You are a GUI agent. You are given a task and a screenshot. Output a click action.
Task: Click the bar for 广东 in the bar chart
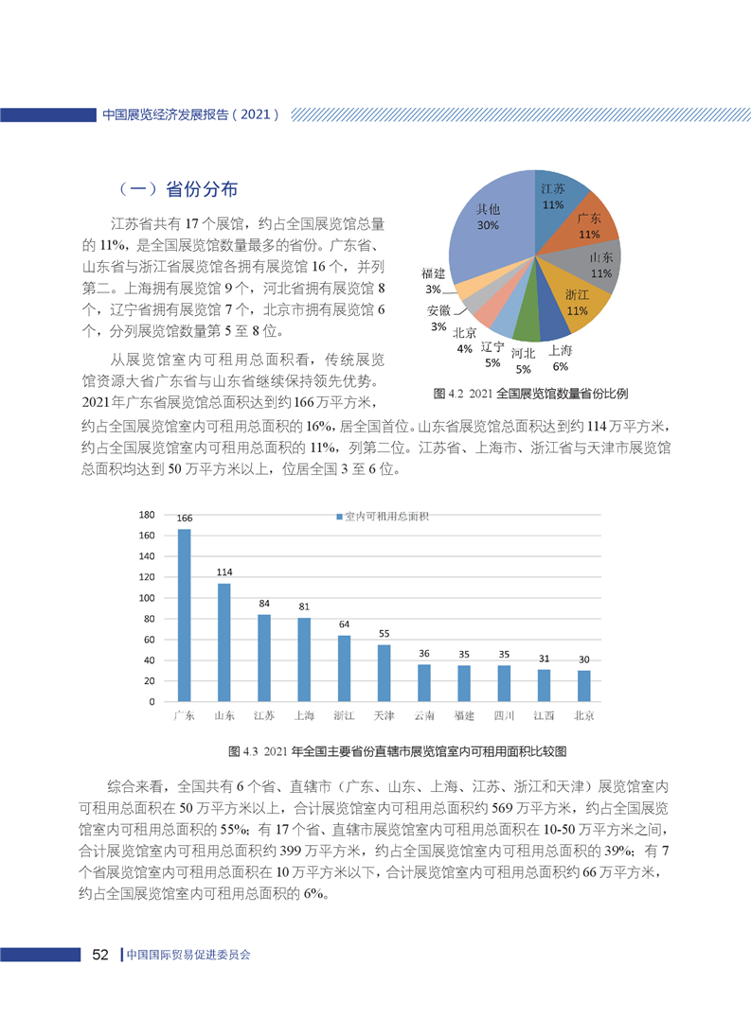[x=184, y=615]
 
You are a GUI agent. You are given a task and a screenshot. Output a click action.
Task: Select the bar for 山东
[x=224, y=642]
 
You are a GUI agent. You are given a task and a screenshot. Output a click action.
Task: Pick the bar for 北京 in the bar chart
[x=584, y=686]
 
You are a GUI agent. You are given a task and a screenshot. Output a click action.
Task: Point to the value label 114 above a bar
[x=224, y=573]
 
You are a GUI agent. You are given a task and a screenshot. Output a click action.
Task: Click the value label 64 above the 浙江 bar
[x=344, y=625]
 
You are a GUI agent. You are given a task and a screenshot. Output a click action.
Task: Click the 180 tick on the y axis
[x=147, y=516]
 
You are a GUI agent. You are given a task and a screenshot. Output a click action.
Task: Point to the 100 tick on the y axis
[x=147, y=599]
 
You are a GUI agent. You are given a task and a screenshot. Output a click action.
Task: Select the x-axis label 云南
[x=424, y=715]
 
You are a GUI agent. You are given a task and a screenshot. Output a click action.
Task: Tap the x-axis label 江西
[x=545, y=715]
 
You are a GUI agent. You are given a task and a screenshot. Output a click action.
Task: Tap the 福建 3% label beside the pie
[x=435, y=280]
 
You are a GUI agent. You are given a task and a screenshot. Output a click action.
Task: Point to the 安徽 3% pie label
[x=438, y=318]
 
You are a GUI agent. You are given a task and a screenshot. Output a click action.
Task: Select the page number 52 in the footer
[x=100, y=955]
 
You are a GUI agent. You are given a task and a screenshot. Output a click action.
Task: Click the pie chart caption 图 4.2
[x=530, y=392]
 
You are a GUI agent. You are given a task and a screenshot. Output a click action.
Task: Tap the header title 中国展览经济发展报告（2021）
[x=189, y=114]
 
